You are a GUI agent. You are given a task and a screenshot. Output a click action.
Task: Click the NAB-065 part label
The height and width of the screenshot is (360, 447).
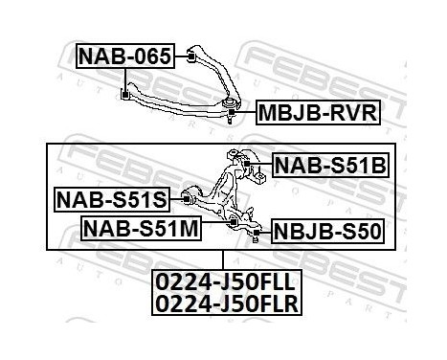124,57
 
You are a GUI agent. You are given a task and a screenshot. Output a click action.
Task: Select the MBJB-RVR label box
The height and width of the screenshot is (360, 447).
317,116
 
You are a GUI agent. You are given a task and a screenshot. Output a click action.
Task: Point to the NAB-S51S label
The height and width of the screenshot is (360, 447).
111,199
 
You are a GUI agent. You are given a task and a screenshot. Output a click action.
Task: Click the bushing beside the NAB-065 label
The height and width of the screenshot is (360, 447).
190,56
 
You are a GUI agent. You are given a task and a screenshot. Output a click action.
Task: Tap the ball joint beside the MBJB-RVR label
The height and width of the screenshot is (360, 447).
232,107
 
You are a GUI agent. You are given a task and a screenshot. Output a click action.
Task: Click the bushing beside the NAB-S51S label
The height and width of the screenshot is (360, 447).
190,199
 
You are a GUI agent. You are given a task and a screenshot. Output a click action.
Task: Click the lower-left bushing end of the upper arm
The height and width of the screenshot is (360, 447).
126,93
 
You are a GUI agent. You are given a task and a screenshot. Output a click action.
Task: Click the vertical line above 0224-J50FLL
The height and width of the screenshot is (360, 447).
223,259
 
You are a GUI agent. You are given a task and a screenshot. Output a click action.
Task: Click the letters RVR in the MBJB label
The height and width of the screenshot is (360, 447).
350,116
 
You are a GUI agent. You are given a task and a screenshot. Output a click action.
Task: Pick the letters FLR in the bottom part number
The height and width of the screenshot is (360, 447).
272,304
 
